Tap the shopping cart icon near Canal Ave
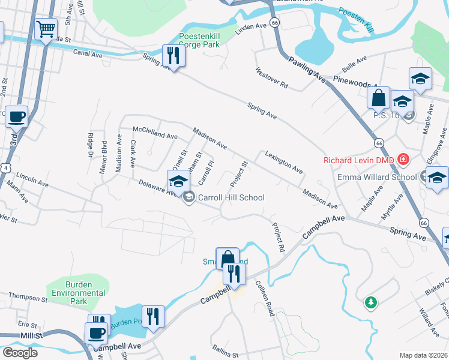point(46,28)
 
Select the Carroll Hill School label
point(231,197)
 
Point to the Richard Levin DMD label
point(360,160)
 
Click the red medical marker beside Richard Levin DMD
point(403,160)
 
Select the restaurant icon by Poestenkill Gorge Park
point(173,56)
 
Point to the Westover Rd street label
point(271,78)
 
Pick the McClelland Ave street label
point(155,137)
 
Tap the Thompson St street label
point(28,298)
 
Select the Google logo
point(19,352)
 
